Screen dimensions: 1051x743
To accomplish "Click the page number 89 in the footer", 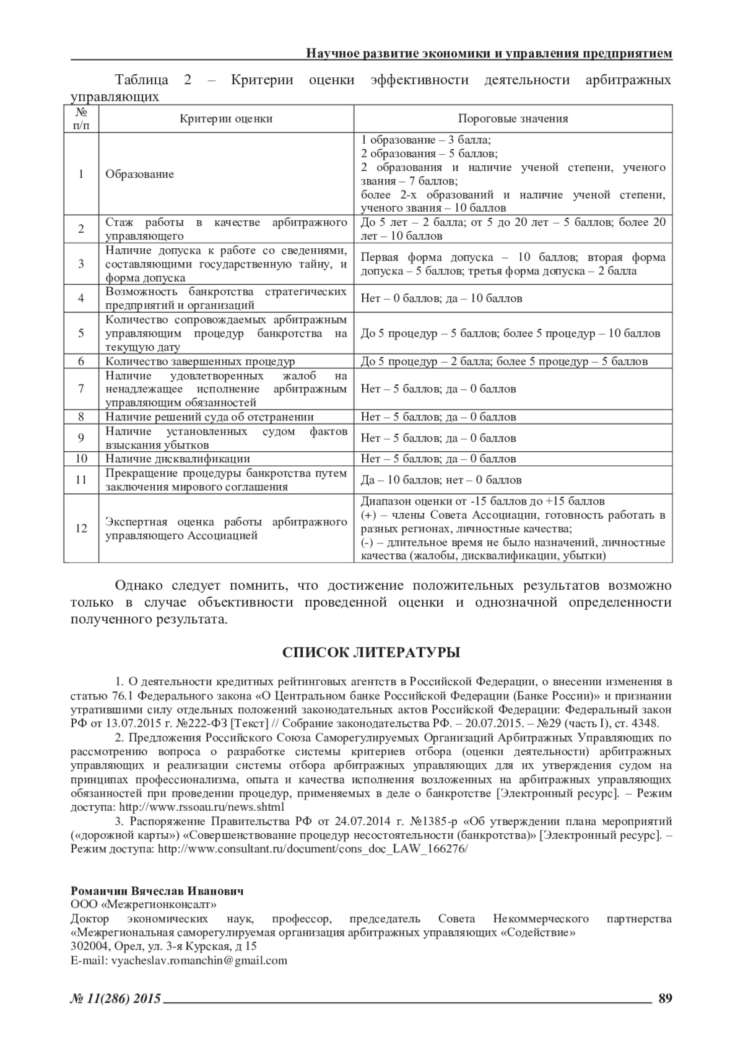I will [x=665, y=998].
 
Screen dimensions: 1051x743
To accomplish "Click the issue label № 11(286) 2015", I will [x=116, y=998].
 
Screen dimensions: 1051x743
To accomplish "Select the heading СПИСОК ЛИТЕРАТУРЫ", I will [x=371, y=652].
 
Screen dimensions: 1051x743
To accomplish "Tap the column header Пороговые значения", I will [x=513, y=119].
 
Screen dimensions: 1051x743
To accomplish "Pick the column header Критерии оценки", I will [x=226, y=119].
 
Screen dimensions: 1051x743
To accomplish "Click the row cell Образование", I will [x=140, y=174].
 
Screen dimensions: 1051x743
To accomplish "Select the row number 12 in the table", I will [x=81, y=529].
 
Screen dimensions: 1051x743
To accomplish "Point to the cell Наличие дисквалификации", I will [x=178, y=459].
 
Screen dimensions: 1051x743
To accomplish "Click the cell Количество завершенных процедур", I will [x=200, y=361].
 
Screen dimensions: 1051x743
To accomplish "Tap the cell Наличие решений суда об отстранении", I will [x=209, y=417].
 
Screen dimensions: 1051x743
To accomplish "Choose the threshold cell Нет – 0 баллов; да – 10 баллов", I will [x=441, y=298].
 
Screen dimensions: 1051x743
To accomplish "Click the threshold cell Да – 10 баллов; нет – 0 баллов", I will [x=441, y=480].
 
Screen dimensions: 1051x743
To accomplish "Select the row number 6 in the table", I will [x=81, y=361].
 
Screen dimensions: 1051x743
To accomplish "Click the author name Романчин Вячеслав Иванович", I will [x=157, y=891].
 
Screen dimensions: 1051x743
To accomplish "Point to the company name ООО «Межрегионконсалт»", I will [x=139, y=905].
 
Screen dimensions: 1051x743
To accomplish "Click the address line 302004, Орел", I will [x=163, y=946].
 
